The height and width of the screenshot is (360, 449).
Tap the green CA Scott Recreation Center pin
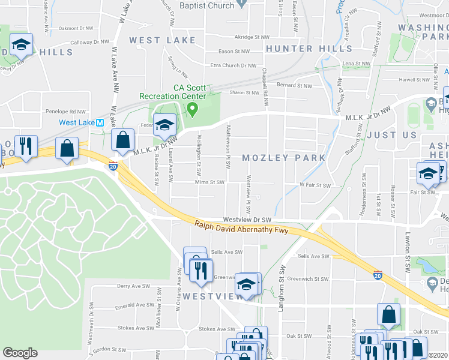[x=192, y=109]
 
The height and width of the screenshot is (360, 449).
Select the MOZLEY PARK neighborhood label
[x=283, y=158]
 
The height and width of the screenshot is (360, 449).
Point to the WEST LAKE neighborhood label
[x=163, y=40]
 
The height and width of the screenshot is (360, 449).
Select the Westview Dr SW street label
[x=247, y=220]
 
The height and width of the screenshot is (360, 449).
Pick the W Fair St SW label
[x=316, y=186]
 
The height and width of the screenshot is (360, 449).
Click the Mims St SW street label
[x=205, y=182]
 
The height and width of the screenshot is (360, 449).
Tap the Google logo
[x=20, y=353]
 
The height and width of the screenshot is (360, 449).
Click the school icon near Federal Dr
[x=164, y=125]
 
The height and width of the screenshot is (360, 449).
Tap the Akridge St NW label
[x=252, y=37]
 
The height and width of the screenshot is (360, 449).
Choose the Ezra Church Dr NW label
[x=234, y=65]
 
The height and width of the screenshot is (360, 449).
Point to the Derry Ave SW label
[x=133, y=286]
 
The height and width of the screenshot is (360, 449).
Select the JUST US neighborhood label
[x=391, y=136]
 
